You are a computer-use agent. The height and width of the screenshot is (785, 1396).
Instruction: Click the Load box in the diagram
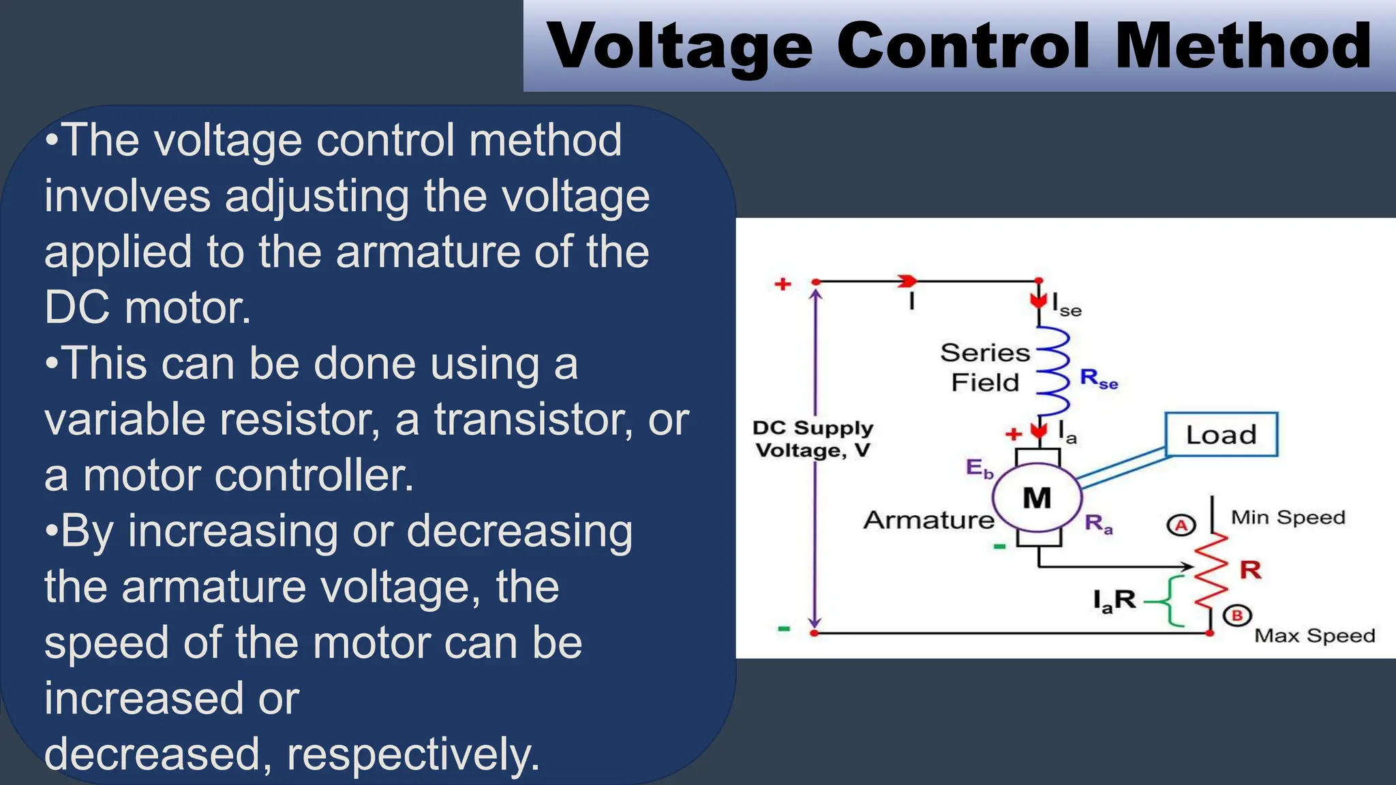(1221, 435)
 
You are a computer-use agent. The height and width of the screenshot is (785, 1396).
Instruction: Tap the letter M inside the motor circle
(1037, 499)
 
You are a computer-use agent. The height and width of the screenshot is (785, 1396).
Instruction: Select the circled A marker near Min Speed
(1181, 525)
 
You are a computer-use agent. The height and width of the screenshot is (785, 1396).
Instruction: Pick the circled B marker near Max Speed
(1237, 616)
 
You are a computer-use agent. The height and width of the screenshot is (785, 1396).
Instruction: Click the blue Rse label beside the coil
(1099, 379)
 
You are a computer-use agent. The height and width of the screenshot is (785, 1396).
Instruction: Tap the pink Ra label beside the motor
(1098, 524)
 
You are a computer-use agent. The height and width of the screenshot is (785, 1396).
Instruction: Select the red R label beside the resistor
(1250, 570)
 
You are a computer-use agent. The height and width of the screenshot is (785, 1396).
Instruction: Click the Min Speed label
(1288, 518)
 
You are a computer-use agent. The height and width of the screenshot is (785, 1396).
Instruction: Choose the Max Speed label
(1314, 636)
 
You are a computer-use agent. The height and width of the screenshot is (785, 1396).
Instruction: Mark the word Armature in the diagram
(929, 521)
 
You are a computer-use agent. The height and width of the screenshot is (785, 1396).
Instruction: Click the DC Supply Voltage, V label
(813, 439)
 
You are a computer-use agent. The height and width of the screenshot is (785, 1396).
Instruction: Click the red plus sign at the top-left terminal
(783, 284)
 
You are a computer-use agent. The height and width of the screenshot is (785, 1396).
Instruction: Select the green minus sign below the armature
(999, 547)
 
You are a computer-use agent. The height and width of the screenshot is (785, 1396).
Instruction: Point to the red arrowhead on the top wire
(907, 281)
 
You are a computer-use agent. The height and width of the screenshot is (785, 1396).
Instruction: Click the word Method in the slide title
(1243, 46)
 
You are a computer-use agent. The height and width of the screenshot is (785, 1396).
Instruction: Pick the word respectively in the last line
(413, 754)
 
